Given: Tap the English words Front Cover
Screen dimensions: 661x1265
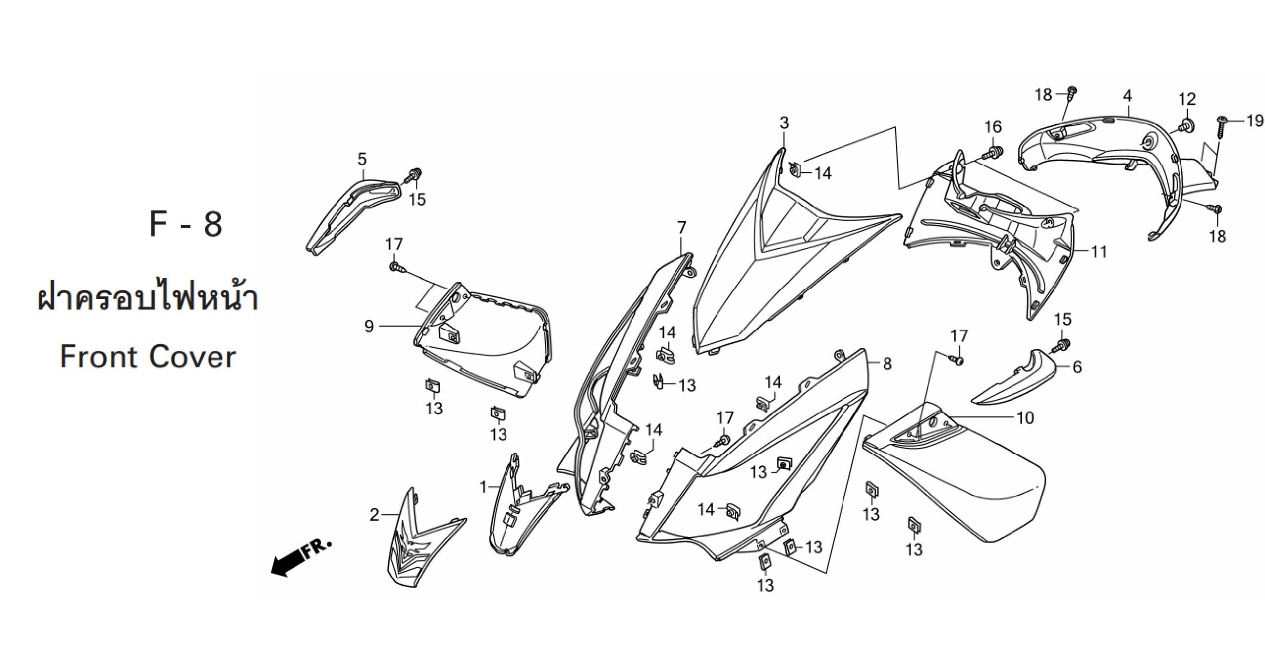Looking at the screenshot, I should (148, 357).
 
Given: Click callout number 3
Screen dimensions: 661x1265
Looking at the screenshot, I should (784, 123).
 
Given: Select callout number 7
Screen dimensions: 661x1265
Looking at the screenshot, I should (682, 228).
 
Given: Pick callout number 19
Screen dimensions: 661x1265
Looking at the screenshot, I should (1255, 120).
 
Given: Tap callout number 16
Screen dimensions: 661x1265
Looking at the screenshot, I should (993, 127).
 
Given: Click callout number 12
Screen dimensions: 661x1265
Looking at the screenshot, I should (1187, 99).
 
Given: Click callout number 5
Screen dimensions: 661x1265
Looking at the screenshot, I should (362, 159).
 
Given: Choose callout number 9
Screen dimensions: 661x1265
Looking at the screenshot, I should (369, 327).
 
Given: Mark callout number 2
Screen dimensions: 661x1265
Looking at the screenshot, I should (374, 515).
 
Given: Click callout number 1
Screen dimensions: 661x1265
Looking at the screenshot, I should (483, 488).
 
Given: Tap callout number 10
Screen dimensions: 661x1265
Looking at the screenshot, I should (1025, 418).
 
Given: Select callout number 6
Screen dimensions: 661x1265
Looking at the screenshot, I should (1077, 367).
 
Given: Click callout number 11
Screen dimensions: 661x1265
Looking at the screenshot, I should (1099, 252).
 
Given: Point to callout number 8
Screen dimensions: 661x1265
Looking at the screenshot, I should (887, 364).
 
